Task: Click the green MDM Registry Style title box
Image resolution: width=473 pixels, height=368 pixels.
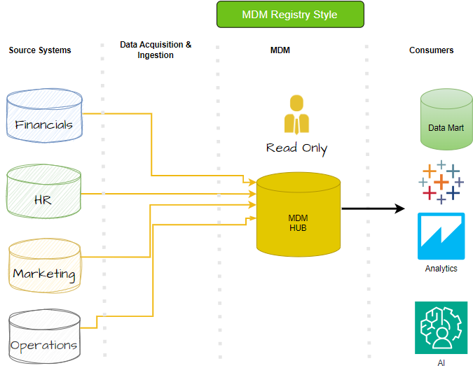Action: (x=290, y=15)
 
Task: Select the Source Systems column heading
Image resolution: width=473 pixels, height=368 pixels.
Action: (x=40, y=50)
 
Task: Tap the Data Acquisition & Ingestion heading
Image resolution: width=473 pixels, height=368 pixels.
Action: (x=156, y=50)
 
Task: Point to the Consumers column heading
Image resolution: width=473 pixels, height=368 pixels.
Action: (x=431, y=50)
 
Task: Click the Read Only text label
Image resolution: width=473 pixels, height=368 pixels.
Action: (x=296, y=148)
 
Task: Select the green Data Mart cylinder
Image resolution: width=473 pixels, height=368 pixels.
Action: (x=446, y=120)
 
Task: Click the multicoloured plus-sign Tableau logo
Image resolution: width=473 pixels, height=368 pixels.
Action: (x=440, y=182)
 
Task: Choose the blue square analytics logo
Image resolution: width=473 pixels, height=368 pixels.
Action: (x=441, y=236)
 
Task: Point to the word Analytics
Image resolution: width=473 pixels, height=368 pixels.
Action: (x=441, y=269)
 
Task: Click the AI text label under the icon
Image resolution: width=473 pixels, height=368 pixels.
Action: (x=441, y=363)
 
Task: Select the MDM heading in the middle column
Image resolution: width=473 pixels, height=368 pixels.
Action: (x=280, y=50)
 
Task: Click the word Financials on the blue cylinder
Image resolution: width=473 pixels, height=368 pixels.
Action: (x=44, y=125)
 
